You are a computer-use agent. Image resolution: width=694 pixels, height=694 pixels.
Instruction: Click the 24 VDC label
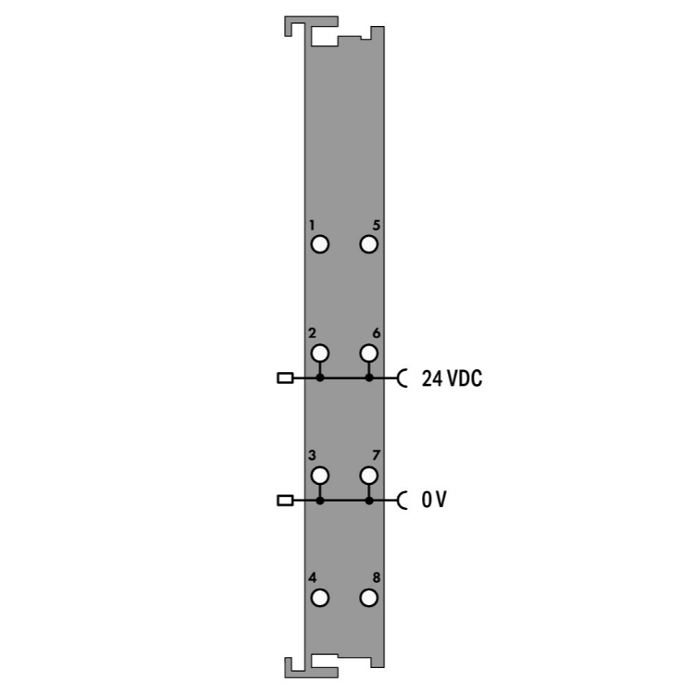[452, 378]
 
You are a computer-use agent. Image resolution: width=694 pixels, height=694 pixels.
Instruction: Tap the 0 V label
[434, 500]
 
